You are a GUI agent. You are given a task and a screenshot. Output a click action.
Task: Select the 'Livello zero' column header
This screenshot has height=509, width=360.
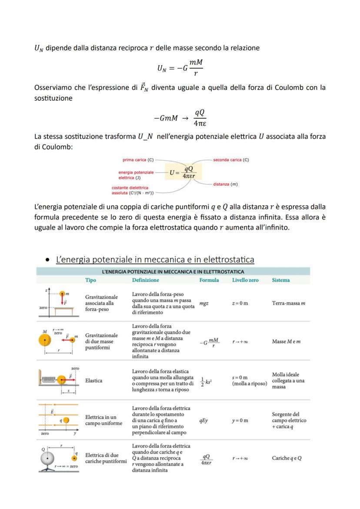coord(245,280)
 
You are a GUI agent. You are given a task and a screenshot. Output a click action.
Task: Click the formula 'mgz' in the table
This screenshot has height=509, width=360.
coord(204,303)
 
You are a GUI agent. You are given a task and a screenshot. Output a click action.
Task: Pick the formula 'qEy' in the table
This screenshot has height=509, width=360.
coord(203,421)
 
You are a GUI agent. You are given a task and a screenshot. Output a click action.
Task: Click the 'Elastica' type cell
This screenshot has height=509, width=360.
coord(94,381)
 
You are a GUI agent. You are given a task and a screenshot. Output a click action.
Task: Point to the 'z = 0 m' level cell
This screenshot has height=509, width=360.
coord(240,303)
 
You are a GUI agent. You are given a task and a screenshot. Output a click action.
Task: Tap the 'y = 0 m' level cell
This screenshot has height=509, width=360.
coord(240,421)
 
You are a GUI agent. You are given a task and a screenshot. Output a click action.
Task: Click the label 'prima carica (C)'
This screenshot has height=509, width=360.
coord(138,160)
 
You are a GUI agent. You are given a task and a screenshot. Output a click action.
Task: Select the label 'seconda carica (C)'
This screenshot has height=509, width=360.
coord(231,160)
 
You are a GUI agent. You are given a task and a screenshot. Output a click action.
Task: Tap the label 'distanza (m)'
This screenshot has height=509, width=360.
coord(225,184)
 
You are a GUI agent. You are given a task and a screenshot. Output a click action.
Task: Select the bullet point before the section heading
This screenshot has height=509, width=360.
coord(47,260)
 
